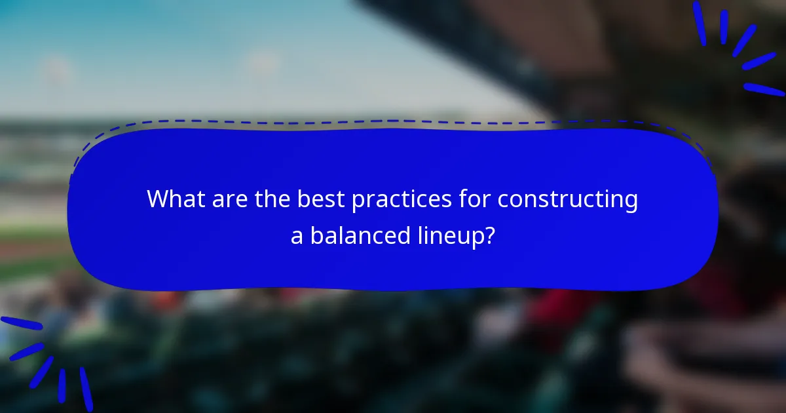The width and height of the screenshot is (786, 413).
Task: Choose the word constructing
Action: tap(567, 200)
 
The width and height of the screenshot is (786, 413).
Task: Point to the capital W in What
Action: tap(158, 199)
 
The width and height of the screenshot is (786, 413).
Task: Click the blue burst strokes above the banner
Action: tap(737, 46)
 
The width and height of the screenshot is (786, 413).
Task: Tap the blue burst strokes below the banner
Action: tap(46, 361)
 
